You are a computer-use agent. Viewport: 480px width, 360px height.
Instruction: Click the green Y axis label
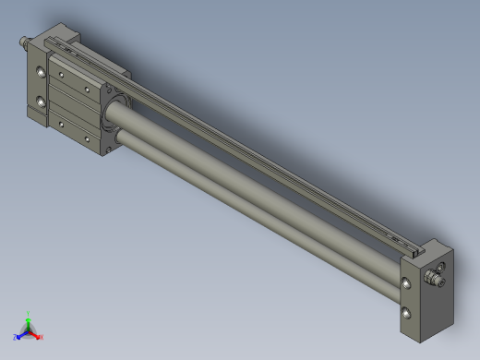click(x=30, y=313)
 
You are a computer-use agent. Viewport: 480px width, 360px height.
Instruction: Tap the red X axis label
click(x=42, y=337)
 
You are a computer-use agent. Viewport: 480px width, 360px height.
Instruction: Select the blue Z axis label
click(x=17, y=337)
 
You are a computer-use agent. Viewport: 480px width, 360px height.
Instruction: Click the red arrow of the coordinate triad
click(x=35, y=333)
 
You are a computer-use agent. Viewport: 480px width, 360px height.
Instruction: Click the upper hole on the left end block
click(x=40, y=72)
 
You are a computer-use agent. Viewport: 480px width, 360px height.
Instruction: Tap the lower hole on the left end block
click(x=40, y=101)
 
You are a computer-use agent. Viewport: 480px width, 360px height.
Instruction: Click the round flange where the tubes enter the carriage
click(x=113, y=115)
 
